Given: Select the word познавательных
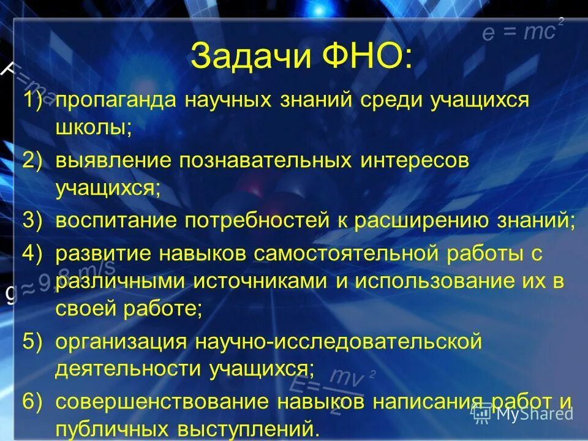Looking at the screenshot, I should point(265,161).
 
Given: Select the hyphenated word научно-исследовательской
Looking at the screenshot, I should point(335,342).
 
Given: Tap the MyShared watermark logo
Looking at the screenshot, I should point(524,413).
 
